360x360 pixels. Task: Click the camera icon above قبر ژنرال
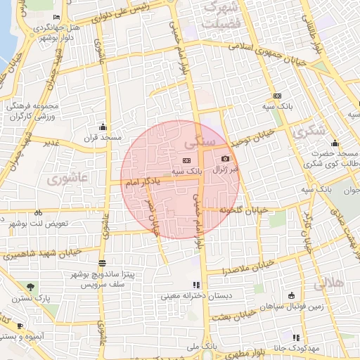coord(225,159)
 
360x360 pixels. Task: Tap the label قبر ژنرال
coord(225,169)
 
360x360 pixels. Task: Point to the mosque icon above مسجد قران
coord(104,127)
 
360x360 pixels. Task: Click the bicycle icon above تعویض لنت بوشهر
coord(39,212)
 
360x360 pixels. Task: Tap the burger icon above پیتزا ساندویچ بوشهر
coord(102,263)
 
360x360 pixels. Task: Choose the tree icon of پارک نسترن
coord(31,287)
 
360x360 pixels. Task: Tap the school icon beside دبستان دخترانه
coord(196,285)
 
